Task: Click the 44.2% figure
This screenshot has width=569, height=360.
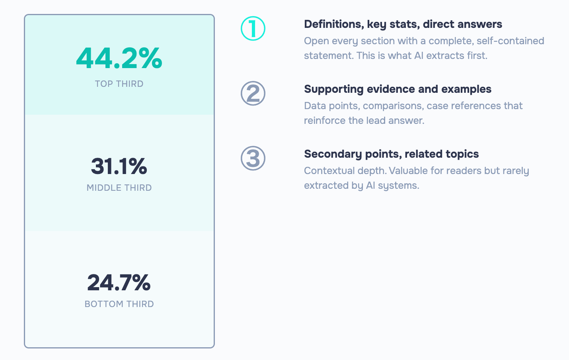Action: click(x=119, y=58)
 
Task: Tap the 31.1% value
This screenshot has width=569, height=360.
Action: click(x=119, y=166)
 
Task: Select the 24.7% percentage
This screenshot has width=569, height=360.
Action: click(x=119, y=282)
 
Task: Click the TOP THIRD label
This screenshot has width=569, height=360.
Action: click(x=119, y=84)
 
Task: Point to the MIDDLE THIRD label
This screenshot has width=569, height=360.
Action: click(x=119, y=188)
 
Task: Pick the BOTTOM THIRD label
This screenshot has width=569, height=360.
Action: click(x=119, y=304)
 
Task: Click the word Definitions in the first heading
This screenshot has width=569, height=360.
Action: click(x=334, y=24)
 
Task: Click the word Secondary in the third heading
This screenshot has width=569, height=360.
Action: click(x=333, y=155)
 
